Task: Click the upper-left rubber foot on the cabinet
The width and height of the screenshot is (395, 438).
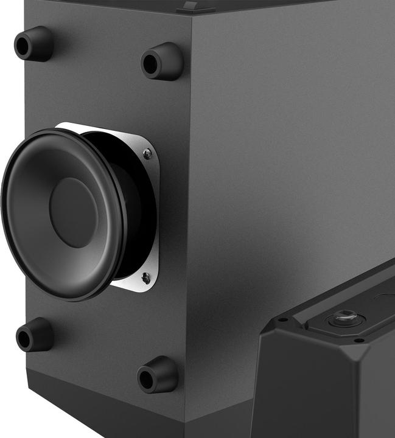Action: (33, 44)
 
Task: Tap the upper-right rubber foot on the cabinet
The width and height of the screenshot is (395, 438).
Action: (162, 61)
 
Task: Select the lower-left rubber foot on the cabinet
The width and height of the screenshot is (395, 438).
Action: (35, 335)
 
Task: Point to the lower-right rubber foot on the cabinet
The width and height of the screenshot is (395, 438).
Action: (158, 375)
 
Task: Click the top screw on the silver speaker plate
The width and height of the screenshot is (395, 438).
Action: (147, 154)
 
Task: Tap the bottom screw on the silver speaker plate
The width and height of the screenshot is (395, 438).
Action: (145, 277)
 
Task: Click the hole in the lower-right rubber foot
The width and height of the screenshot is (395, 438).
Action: (146, 380)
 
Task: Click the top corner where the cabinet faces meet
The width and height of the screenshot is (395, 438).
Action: (190, 16)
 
